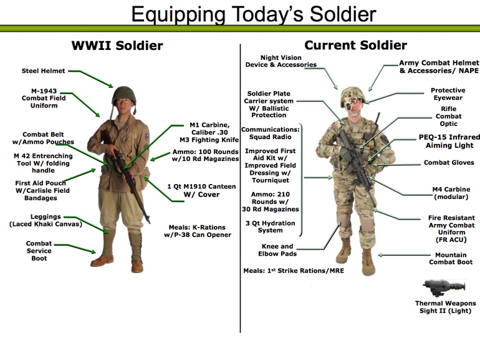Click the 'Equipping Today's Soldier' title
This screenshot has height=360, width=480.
254,14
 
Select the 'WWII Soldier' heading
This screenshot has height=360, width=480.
117,46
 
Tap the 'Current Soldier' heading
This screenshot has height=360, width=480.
356,46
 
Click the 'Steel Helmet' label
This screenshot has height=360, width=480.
44,71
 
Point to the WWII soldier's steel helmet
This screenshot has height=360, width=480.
123,95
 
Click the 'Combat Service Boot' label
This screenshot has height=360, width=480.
39,251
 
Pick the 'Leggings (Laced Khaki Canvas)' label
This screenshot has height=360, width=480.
46,220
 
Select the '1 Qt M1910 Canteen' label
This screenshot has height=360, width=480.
201,187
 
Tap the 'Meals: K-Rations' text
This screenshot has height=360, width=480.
197,227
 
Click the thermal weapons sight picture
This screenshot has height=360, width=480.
444,288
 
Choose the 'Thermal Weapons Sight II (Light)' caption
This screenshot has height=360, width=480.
446,307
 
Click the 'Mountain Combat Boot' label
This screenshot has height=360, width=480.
451,258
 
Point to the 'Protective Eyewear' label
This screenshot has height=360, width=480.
448,94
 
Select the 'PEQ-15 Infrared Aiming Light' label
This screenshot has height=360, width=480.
449,141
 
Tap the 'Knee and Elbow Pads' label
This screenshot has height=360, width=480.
277,250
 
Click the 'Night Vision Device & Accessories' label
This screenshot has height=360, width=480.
281,61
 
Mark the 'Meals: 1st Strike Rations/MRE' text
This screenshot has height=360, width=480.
294,271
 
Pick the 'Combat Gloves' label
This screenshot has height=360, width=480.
449,162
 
